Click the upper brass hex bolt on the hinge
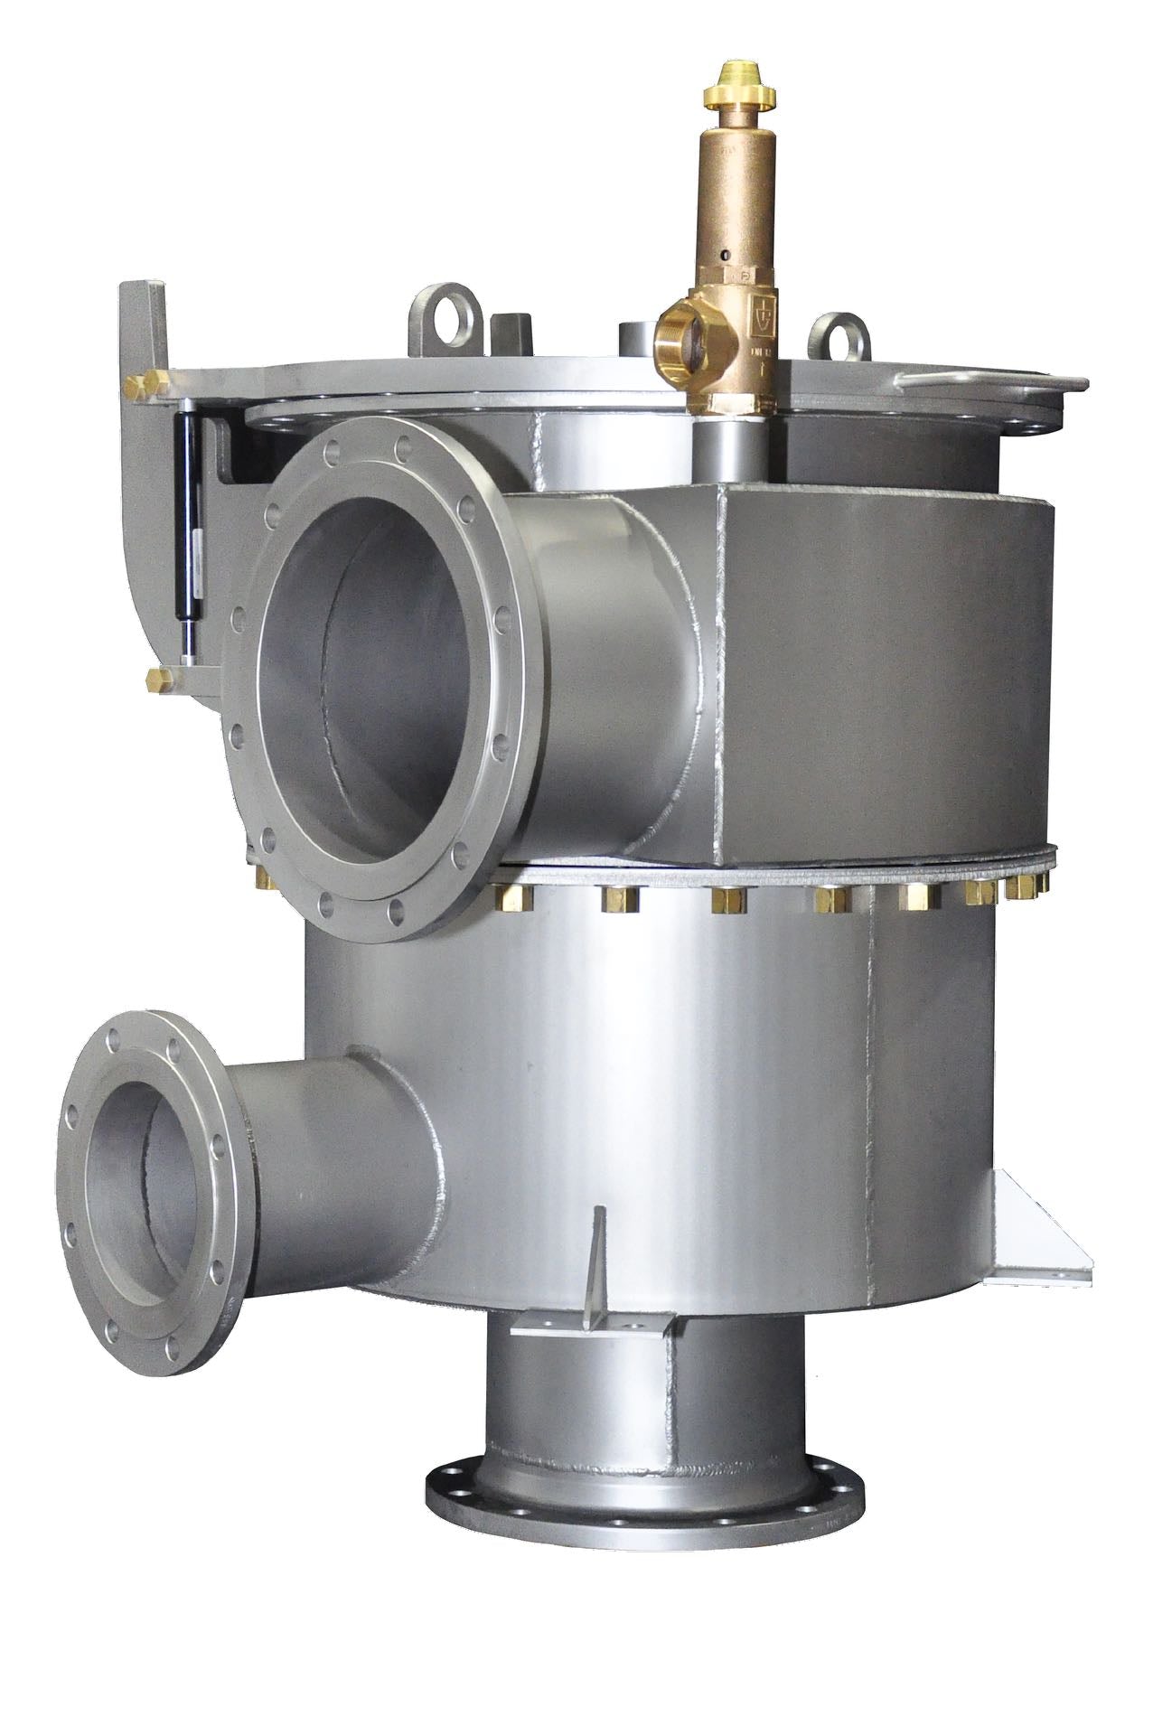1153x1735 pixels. click(145, 387)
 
